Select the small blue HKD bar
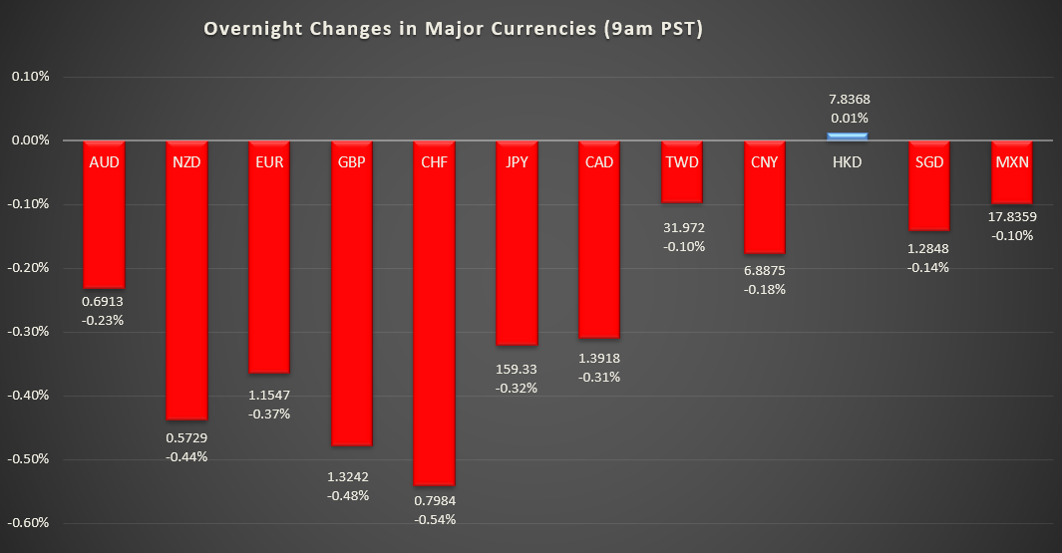(x=847, y=137)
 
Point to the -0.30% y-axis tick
(x=30, y=332)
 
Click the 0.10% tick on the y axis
(x=30, y=77)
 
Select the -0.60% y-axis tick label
(x=30, y=523)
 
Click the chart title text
(x=454, y=30)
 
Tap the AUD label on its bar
(x=104, y=161)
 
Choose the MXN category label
(x=1012, y=161)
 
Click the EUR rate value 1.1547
(x=269, y=396)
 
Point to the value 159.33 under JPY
(x=517, y=370)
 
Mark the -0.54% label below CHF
(x=434, y=519)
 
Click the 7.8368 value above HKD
(x=848, y=100)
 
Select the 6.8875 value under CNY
(x=765, y=271)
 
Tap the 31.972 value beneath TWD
(x=682, y=228)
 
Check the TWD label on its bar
(x=682, y=161)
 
